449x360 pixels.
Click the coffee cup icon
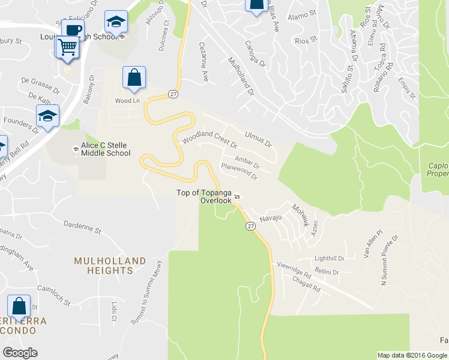(73, 30)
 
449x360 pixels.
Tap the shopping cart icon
(68, 47)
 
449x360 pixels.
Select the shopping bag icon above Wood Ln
(134, 77)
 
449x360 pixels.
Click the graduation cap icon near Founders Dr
(47, 116)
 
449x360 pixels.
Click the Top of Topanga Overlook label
(204, 196)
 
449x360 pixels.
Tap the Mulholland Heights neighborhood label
(110, 266)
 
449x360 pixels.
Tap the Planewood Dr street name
(239, 172)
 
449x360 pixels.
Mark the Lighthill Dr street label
(329, 259)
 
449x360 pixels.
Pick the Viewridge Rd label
(294, 271)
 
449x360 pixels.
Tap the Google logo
(20, 353)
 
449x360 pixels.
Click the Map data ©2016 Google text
(412, 355)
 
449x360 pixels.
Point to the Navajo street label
(270, 218)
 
